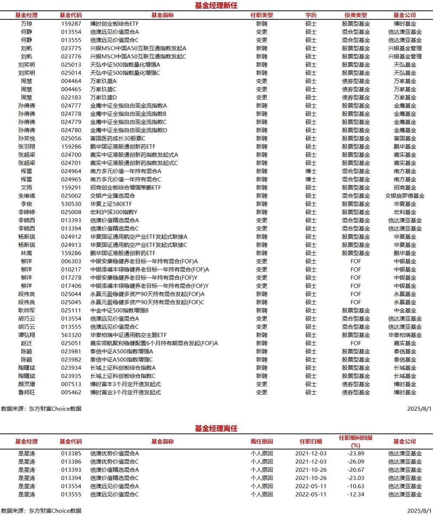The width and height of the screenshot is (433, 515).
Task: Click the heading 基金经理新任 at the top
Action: (216, 5)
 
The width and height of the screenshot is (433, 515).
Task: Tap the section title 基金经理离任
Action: (216, 429)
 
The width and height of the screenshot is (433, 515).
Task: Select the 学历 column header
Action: (311, 15)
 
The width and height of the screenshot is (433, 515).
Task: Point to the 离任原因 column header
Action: (262, 441)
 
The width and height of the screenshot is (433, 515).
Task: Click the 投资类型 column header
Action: (355, 15)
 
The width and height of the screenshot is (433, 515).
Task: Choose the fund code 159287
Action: (71, 23)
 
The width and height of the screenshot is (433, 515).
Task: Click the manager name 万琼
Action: (26, 23)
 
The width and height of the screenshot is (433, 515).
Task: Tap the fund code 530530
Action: (71, 204)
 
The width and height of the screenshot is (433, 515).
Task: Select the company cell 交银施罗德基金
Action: (405, 195)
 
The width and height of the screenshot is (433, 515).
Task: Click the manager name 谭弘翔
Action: (26, 335)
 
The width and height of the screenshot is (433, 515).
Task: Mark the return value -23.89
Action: (355, 454)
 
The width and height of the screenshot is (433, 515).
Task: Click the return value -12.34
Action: (355, 494)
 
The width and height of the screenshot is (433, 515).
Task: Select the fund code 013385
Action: (71, 454)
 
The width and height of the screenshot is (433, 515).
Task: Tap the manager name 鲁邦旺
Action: (26, 392)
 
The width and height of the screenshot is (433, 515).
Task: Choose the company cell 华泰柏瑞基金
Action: (405, 335)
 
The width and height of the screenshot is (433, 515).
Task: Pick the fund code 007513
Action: (71, 384)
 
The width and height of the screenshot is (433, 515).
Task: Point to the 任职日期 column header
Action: (311, 441)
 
